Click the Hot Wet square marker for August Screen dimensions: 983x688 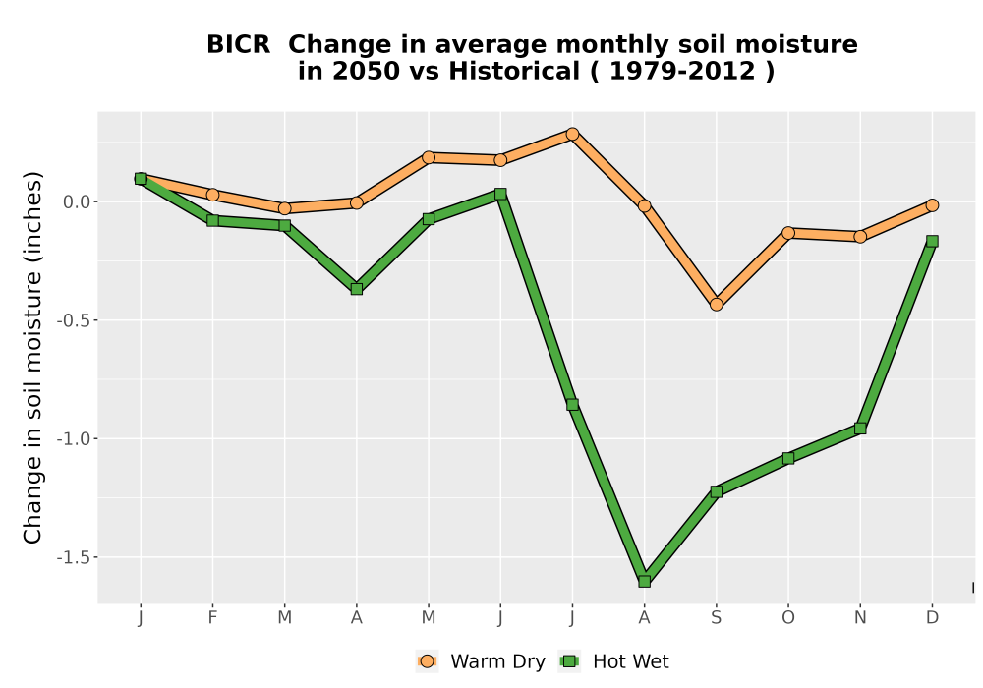point(644,581)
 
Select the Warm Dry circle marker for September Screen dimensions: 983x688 point(716,305)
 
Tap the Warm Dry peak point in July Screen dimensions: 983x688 point(572,134)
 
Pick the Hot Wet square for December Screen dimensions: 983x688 point(932,241)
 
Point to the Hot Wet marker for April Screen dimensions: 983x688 point(357,289)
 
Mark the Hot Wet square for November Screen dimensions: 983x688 point(860,429)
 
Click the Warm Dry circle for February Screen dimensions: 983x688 point(212,195)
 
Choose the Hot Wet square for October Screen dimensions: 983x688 point(788,458)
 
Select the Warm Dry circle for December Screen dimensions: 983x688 point(932,204)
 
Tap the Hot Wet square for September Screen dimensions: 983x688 point(716,491)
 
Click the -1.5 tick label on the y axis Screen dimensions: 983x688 point(74,557)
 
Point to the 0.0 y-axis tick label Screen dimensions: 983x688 point(77,201)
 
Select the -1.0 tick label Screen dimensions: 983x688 point(74,438)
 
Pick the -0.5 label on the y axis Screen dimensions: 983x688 point(74,320)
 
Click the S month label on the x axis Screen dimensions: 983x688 point(716,618)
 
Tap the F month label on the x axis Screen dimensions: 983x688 point(212,618)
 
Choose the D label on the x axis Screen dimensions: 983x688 point(932,618)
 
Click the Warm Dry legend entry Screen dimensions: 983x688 point(481,661)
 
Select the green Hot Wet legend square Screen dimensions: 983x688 point(569,661)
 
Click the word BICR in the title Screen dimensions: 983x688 point(238,44)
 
